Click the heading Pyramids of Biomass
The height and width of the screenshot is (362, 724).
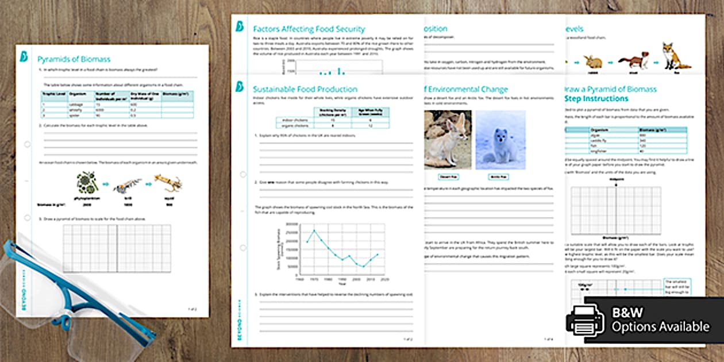(74, 59)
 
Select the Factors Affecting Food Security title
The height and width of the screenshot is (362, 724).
(309, 29)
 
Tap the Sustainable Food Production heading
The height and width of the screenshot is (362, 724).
(305, 89)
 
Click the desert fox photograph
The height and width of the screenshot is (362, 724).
(448, 140)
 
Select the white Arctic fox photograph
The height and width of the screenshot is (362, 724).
(500, 140)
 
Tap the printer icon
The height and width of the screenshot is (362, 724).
(585, 320)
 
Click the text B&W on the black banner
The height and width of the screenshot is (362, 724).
(627, 313)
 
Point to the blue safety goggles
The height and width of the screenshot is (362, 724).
(69, 299)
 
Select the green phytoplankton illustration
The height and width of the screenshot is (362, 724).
(87, 182)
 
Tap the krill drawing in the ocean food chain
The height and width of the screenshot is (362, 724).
(128, 185)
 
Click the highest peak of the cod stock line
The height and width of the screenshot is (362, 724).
(314, 230)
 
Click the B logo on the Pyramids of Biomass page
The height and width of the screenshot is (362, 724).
(25, 56)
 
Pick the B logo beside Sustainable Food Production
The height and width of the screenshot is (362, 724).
(240, 87)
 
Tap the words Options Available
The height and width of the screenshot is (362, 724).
(660, 327)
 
